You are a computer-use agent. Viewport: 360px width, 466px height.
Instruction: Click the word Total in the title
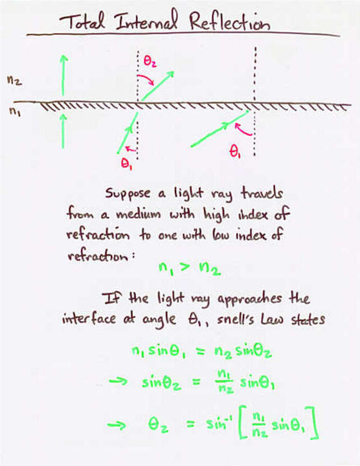tap(82, 21)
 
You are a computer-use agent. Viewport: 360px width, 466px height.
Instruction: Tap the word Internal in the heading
tap(146, 21)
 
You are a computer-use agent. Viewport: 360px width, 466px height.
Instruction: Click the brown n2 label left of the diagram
tap(14, 80)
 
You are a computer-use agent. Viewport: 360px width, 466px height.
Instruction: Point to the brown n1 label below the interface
tap(14, 111)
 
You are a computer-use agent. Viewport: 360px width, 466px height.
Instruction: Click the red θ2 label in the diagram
tap(150, 61)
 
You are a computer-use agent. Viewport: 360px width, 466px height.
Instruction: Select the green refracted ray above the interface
tap(157, 86)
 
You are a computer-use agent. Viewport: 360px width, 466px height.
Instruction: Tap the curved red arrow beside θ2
tap(146, 80)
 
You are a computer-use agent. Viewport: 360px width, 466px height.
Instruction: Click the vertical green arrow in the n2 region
tap(63, 75)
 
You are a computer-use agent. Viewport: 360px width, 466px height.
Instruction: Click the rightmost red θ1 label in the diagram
tap(235, 151)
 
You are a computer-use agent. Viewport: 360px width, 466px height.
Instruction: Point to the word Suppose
tap(128, 194)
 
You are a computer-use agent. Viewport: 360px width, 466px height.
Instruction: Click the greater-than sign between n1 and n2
tap(185, 267)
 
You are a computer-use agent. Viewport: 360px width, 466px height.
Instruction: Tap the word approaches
tap(249, 299)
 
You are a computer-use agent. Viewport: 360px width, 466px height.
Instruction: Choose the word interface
tap(89, 318)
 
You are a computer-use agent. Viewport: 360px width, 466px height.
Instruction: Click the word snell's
tap(236, 320)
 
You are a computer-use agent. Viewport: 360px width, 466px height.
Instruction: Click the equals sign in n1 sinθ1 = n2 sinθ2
tap(201, 351)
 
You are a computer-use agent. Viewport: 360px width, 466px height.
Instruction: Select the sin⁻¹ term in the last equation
tap(219, 423)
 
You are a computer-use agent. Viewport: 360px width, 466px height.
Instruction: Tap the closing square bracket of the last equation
tap(315, 422)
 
